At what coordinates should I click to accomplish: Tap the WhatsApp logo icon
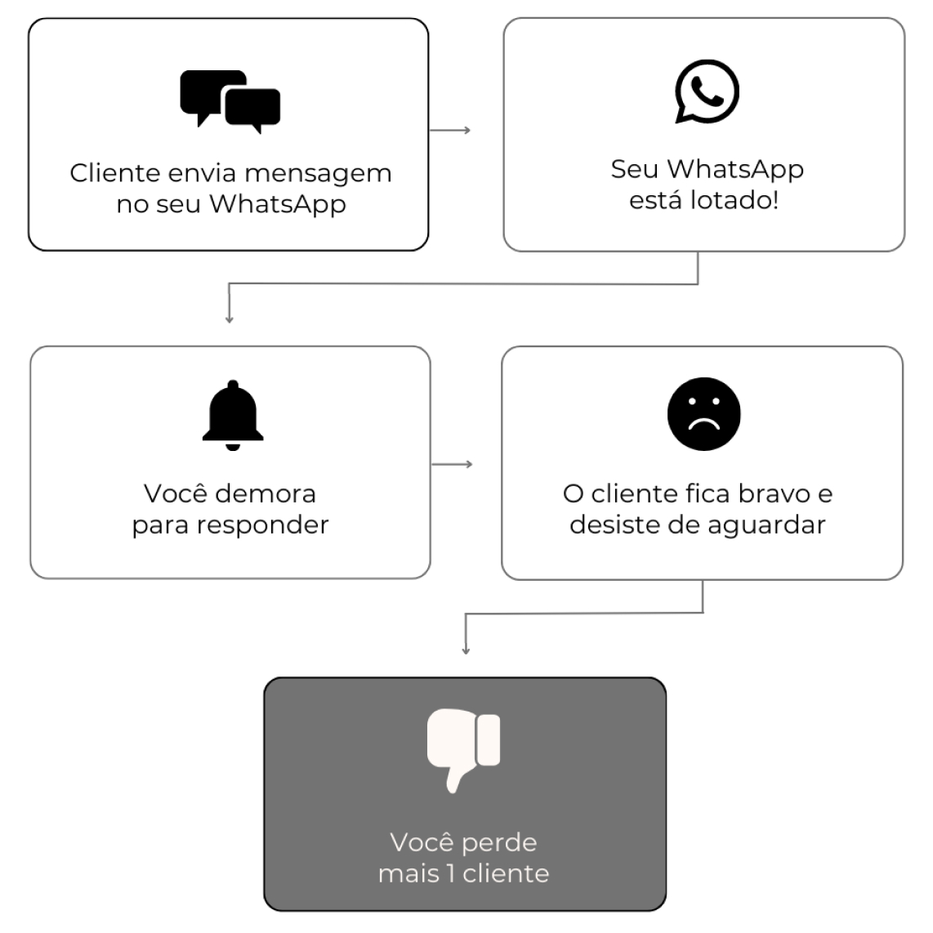point(706,91)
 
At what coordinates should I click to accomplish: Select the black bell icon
point(233,415)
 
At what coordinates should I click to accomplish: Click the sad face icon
point(703,413)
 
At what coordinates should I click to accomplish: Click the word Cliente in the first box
point(114,173)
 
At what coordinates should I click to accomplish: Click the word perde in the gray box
point(498,842)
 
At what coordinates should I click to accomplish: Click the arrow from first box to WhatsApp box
point(450,130)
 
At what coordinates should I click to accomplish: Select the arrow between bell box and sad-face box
point(452,464)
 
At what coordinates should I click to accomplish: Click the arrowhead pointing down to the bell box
point(230,319)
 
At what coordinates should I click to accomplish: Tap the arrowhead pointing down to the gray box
point(466,650)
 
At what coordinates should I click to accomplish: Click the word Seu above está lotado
point(634,169)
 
